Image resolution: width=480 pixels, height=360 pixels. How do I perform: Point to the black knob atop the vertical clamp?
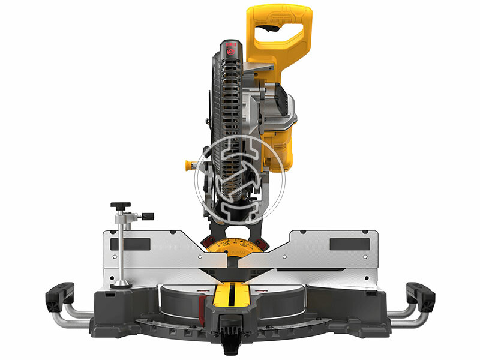(x=124, y=204)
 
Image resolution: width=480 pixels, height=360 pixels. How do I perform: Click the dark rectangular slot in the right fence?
(x=350, y=244)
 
